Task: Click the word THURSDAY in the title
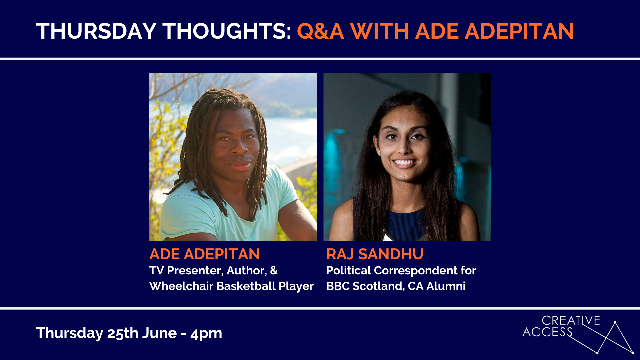point(96,31)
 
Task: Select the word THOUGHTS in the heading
point(227,31)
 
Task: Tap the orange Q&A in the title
point(320,31)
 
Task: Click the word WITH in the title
point(380,31)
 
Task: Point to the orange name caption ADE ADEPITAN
point(204,254)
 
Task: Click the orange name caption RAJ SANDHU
point(375,254)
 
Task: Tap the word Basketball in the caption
point(246,286)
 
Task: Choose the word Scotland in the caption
point(379,286)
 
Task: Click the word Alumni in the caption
point(446,286)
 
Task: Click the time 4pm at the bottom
point(206,334)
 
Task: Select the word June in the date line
point(159,333)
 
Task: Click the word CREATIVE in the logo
point(571,321)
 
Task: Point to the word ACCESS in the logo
point(547,332)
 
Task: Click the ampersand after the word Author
point(274,270)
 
